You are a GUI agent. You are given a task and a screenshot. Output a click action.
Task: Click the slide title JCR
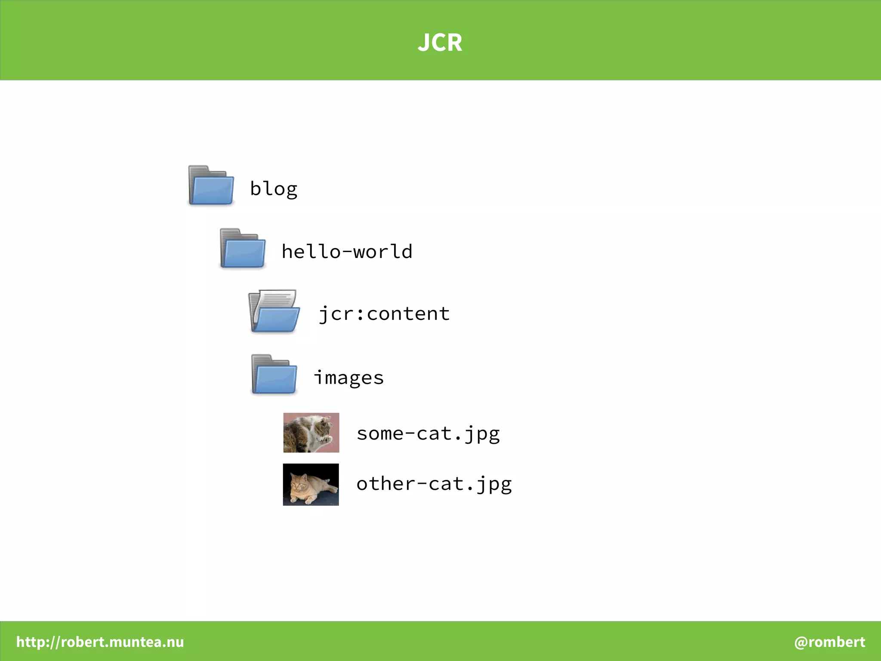[x=440, y=42]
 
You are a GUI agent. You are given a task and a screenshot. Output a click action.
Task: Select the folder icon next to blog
[x=211, y=185]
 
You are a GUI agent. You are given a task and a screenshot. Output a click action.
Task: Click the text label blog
[x=274, y=189]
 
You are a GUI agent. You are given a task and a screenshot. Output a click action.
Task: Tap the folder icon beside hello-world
[x=243, y=249]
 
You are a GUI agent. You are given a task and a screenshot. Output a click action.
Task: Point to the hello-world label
[x=347, y=252]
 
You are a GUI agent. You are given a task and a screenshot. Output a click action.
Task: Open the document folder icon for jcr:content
[x=274, y=311]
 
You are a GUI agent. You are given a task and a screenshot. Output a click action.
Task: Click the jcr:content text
[x=384, y=314]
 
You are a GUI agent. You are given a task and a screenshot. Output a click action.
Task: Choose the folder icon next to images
[x=274, y=375]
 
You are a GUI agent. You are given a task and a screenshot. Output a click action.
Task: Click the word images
[x=348, y=378]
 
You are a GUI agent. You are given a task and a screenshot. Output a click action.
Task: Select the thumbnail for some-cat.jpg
[x=311, y=433]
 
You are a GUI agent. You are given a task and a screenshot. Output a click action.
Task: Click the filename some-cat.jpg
[x=428, y=433]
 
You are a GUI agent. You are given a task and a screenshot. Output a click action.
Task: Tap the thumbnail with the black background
[x=311, y=485]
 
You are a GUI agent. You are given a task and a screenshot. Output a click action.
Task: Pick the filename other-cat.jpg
[x=434, y=484]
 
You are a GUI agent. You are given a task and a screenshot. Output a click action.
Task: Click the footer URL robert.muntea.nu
[x=100, y=642]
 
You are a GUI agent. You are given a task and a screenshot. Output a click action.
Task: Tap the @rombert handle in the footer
[x=829, y=642]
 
